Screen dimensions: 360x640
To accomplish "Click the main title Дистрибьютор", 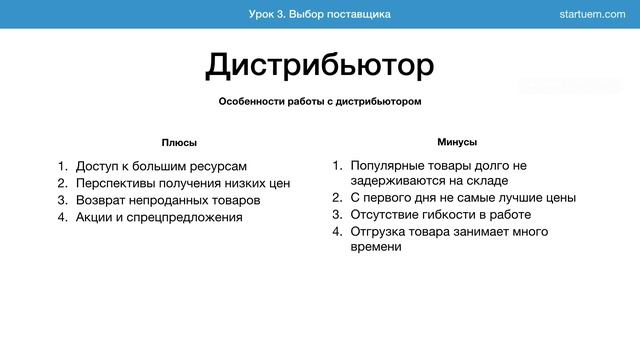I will (320, 66).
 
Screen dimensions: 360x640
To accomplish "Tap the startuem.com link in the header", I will (595, 14).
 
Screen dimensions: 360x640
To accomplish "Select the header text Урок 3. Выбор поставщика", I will (320, 14).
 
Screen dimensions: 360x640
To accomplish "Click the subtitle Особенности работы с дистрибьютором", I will (320, 102).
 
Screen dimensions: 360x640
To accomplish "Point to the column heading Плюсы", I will (179, 143).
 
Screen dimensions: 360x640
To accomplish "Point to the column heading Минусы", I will (457, 142).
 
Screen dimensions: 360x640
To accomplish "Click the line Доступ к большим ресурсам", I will (161, 166).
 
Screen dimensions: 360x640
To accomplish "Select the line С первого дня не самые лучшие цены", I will (463, 198).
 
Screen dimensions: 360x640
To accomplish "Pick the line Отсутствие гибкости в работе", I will (440, 215).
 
